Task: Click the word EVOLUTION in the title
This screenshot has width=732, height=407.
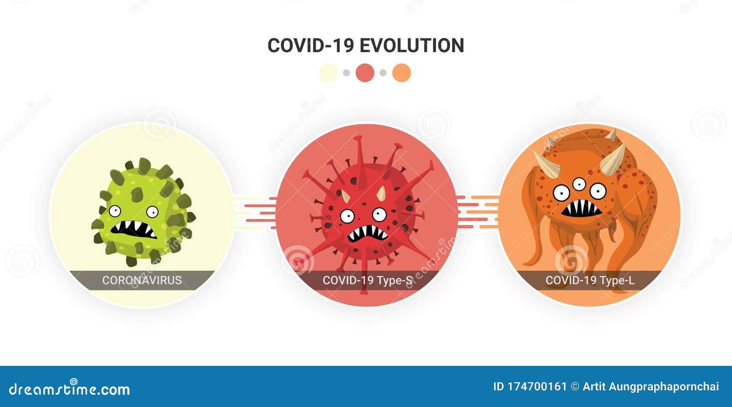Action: click(x=412, y=45)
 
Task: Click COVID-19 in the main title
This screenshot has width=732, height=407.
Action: click(x=311, y=45)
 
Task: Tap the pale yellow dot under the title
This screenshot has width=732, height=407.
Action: click(x=328, y=73)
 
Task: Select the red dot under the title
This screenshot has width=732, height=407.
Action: click(x=365, y=73)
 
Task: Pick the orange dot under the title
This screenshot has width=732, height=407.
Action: click(x=402, y=73)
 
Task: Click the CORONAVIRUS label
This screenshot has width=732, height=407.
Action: click(x=142, y=280)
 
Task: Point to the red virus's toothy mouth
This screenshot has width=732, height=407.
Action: click(x=367, y=234)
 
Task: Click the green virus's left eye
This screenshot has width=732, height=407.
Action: click(x=115, y=211)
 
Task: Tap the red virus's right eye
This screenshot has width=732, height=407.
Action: click(x=379, y=214)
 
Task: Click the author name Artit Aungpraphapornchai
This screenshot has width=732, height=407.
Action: click(x=651, y=387)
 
